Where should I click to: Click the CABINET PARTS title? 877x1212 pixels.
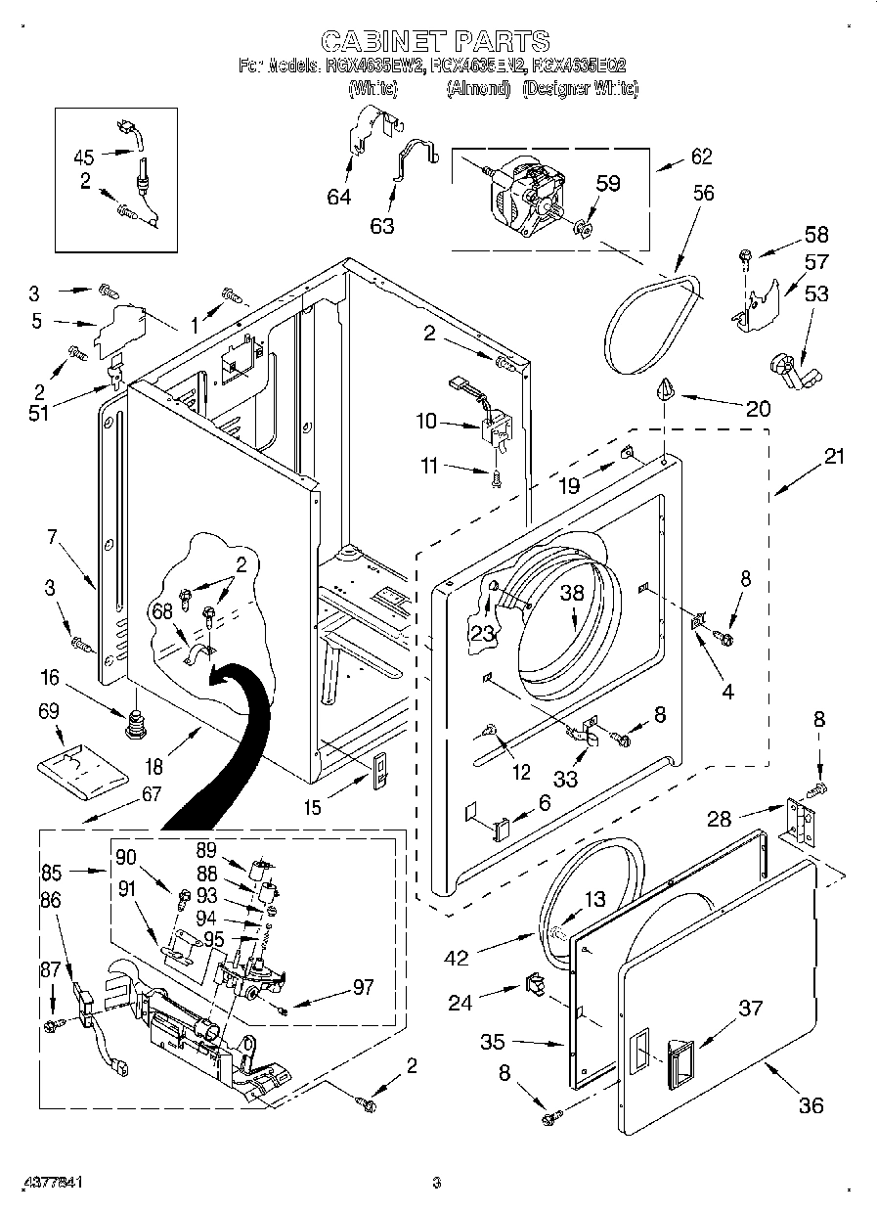[x=435, y=40]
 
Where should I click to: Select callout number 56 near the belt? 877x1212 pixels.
[x=703, y=194]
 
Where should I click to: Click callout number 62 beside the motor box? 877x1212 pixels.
[x=701, y=156]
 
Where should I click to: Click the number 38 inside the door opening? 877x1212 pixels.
[x=572, y=593]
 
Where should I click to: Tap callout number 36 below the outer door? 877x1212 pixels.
[x=811, y=1105]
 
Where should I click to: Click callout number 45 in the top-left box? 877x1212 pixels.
[x=84, y=156]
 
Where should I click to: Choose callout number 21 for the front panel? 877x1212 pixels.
[x=834, y=456]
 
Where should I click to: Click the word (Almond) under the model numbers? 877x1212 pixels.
[x=479, y=88]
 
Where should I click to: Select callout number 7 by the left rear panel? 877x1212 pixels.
[x=53, y=536]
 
